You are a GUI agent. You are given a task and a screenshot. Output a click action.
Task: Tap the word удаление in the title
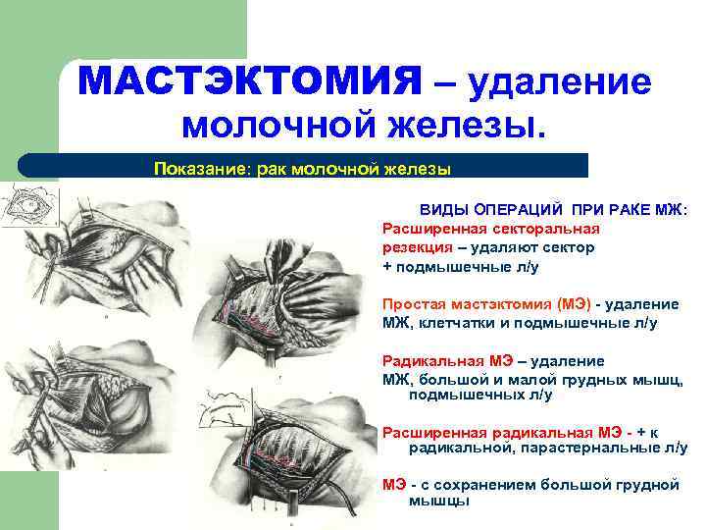(x=560, y=82)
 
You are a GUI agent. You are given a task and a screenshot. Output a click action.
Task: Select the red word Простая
(x=411, y=304)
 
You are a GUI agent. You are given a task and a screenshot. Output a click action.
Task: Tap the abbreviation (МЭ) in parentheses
(x=573, y=304)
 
